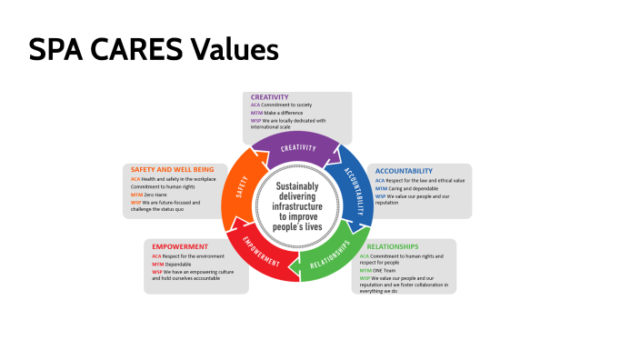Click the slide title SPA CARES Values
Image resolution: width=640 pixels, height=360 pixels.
153,49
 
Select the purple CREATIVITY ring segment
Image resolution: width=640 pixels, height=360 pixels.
297,148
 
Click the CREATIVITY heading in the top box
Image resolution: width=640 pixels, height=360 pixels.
270,97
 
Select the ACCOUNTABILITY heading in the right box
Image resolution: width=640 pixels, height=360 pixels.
404,171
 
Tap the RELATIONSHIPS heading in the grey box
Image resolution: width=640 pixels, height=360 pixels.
392,246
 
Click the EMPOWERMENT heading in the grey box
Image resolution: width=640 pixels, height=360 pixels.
180,246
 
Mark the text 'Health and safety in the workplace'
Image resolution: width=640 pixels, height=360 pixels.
179,180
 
